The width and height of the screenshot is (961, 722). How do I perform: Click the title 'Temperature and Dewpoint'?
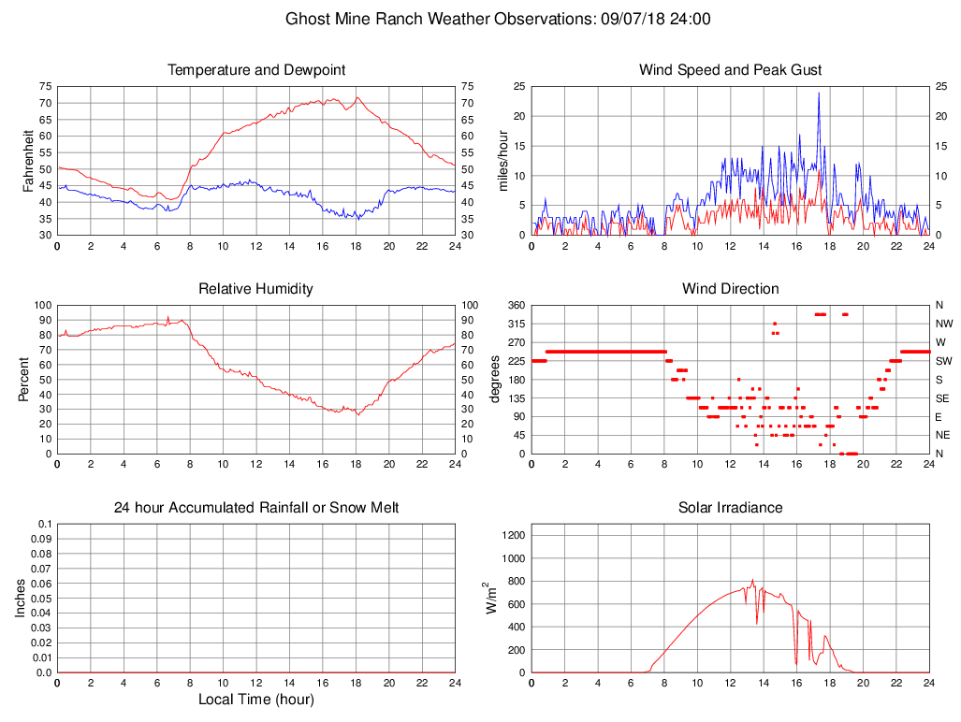click(256, 70)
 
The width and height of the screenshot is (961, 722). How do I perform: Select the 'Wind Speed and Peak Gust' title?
click(731, 70)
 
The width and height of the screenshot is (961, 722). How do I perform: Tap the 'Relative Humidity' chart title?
click(256, 289)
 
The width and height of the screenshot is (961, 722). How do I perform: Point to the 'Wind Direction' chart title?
click(731, 289)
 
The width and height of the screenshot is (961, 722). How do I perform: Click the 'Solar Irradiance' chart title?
click(731, 508)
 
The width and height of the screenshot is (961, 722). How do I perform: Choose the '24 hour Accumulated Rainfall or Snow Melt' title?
click(256, 508)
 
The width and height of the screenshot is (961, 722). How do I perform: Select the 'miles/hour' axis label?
click(502, 160)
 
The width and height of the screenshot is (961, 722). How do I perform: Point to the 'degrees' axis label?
click(495, 379)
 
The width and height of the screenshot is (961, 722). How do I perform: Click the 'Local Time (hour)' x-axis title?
click(256, 700)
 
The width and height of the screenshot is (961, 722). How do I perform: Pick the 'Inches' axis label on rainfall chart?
click(21, 599)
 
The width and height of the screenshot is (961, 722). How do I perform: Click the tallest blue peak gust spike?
click(819, 94)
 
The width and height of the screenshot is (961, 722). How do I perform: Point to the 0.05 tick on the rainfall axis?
click(43, 599)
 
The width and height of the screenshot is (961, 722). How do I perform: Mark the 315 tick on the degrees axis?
click(515, 324)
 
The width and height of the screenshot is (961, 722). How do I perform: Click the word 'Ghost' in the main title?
click(307, 19)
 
